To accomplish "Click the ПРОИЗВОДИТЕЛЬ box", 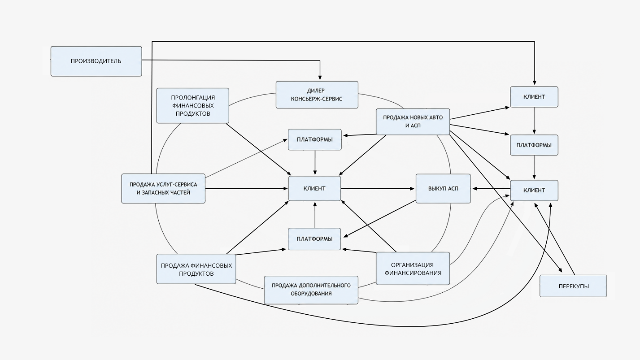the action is coord(96,61).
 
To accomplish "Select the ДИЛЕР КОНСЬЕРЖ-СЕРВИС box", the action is coord(317,95).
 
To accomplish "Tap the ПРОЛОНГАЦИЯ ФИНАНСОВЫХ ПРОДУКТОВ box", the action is coord(192,106).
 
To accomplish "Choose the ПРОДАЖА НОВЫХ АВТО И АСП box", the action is coord(413,121).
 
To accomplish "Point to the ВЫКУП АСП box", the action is coord(443,189).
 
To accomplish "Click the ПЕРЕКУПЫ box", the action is coord(573,286).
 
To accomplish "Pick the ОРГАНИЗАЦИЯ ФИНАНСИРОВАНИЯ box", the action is coord(413,269).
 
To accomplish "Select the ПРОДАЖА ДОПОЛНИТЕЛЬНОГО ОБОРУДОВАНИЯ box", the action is coord(311,290).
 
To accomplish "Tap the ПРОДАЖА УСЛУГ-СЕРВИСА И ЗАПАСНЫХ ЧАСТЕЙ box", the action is coord(163,189).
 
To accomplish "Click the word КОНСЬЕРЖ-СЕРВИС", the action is coord(317,99).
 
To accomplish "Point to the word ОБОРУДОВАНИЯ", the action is coord(311,294).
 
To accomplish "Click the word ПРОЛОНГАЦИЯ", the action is coord(193,98).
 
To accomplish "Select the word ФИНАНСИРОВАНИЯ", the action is coord(413,273).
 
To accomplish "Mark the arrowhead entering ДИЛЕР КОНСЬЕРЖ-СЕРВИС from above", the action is coord(320,78).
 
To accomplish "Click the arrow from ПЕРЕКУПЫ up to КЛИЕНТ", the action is coord(555,239).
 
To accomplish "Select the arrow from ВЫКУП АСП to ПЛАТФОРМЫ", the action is coord(379,219).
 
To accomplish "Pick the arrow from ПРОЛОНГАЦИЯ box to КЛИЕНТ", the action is coord(258,149).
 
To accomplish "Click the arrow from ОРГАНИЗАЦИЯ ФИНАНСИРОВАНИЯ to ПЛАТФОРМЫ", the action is coord(359,251).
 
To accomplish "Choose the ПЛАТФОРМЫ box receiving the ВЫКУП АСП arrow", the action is coord(314,239).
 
